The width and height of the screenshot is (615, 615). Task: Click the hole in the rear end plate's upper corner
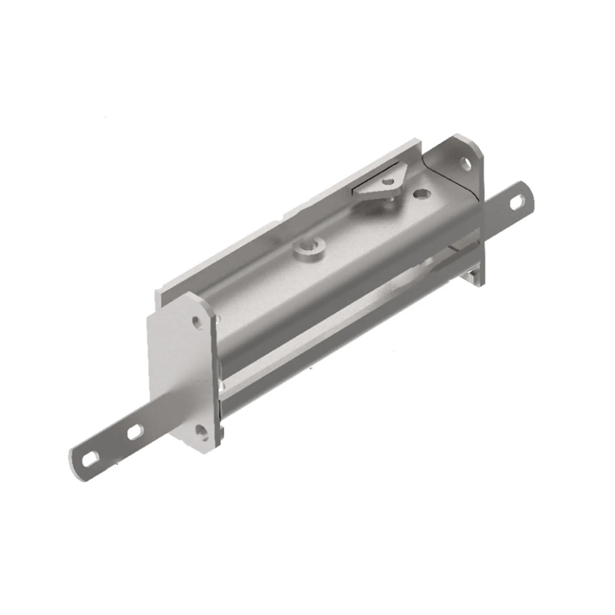466,164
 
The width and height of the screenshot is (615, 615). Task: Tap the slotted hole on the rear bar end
517,203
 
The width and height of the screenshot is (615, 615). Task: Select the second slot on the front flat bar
135,433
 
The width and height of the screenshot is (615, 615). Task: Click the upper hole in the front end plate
198,324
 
